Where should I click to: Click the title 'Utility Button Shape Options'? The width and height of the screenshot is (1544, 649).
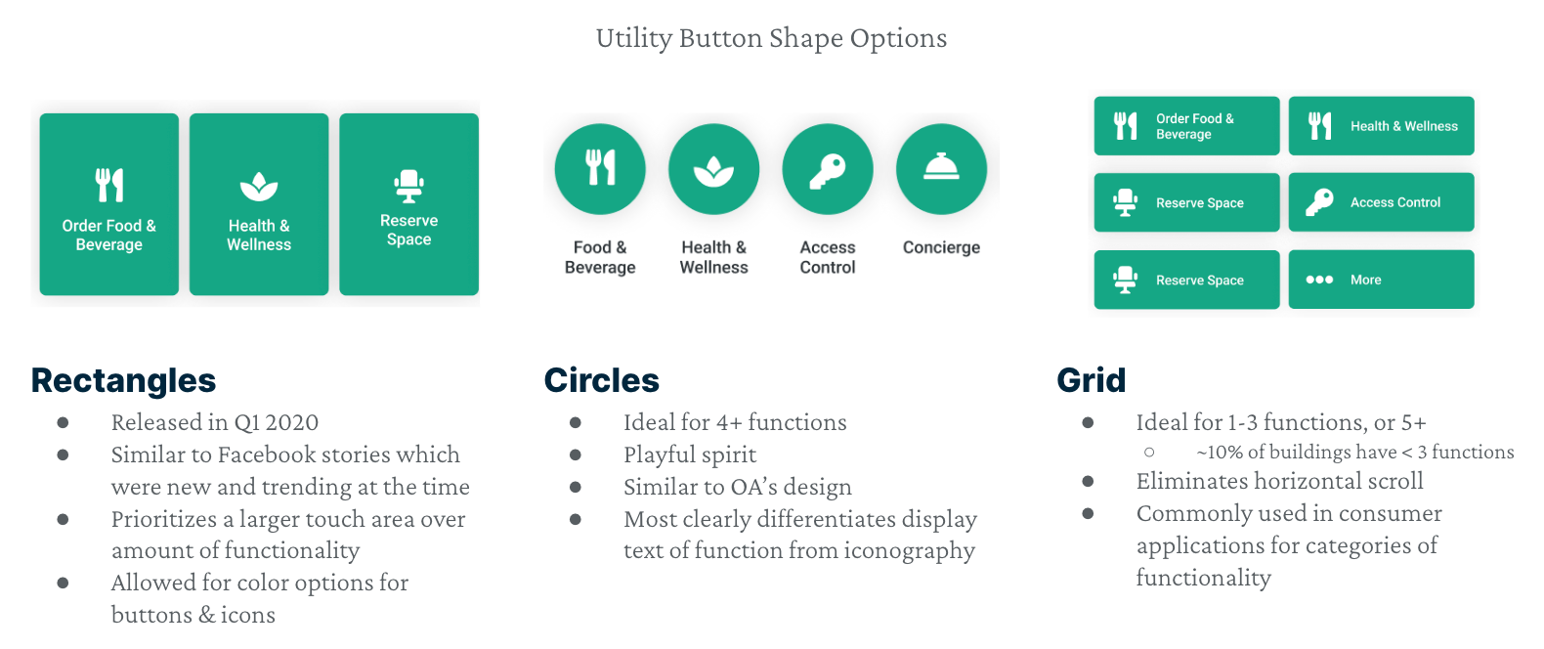771,39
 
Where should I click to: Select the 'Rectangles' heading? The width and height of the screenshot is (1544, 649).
123,381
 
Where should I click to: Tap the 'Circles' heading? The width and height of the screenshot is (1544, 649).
602,380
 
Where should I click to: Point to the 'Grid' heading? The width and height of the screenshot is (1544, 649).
1092,380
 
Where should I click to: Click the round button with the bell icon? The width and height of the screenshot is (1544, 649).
942,169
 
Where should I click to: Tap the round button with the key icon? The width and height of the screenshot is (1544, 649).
828,169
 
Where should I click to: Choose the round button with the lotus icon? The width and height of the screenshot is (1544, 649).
714,169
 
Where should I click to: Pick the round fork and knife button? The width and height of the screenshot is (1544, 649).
600,169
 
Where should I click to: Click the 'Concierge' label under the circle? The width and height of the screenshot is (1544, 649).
942,247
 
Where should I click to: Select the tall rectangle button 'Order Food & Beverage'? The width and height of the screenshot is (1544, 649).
108,204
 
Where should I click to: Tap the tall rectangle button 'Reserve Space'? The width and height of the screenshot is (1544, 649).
408,204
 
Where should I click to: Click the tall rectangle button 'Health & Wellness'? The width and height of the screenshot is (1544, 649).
259,204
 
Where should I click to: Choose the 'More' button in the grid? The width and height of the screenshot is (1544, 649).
1382,280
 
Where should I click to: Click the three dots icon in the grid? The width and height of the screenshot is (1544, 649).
1319,280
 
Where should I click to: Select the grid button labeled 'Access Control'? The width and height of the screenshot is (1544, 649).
1382,202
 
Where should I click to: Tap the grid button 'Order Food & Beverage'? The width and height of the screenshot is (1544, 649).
1187,125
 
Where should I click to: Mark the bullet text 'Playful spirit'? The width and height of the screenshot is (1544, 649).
690,455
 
